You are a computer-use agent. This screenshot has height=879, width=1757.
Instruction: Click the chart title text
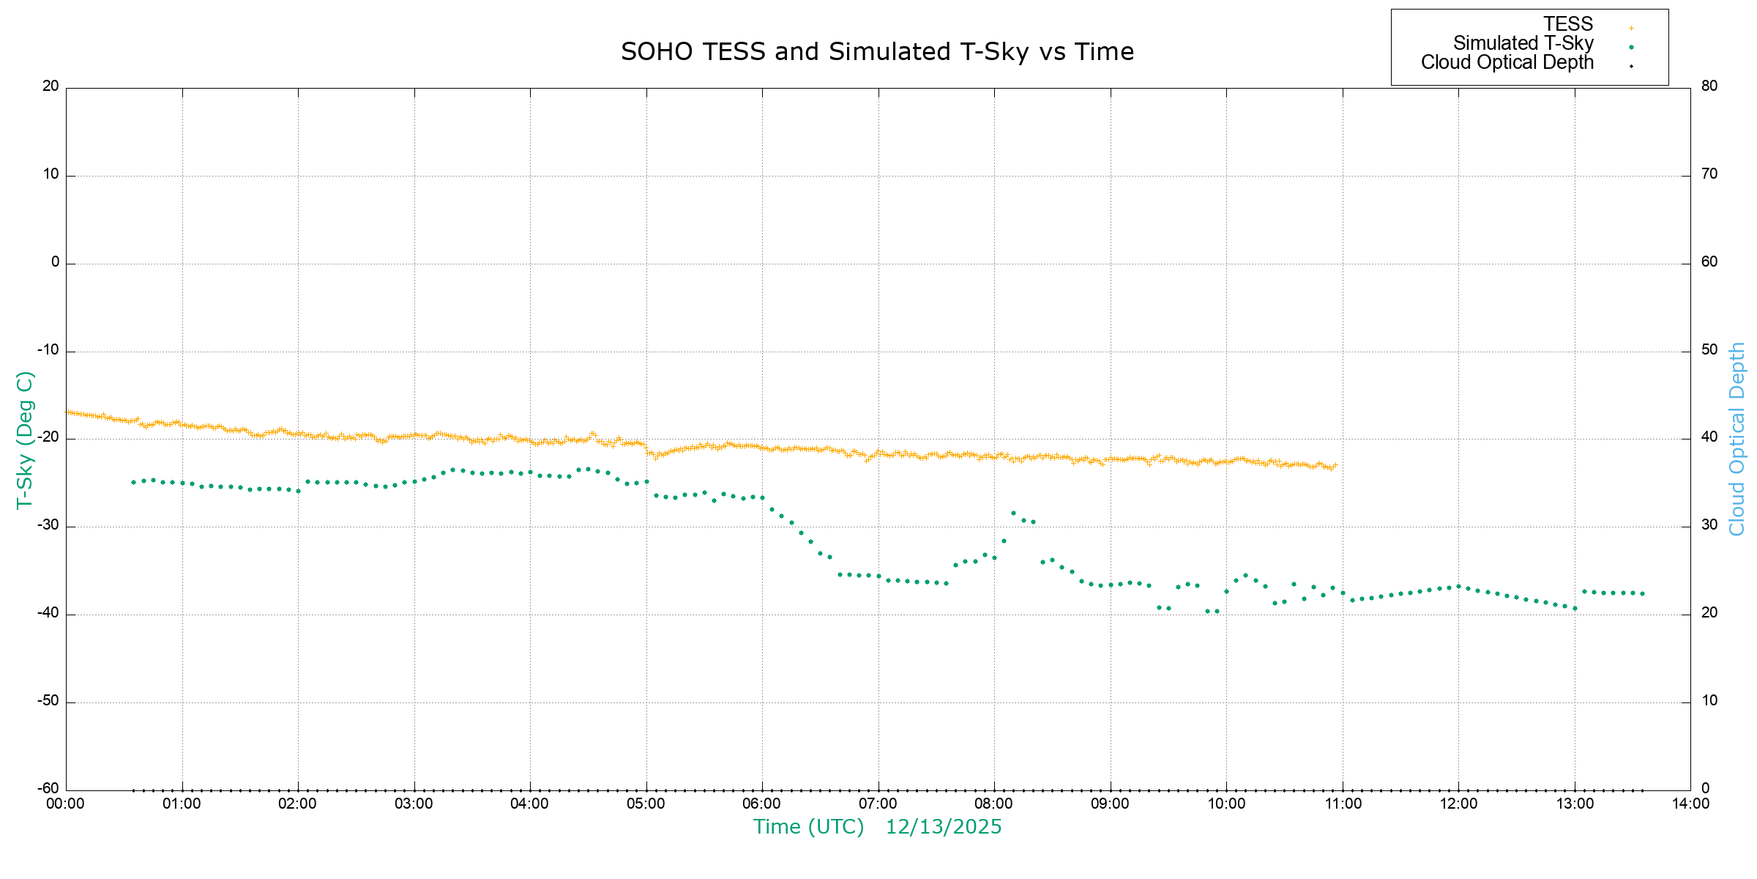tap(877, 52)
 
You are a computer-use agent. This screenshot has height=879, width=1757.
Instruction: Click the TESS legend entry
tap(1568, 24)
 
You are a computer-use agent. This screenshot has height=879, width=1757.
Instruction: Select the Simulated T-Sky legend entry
tap(1523, 43)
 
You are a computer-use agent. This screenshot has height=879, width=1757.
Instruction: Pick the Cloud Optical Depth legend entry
tap(1507, 62)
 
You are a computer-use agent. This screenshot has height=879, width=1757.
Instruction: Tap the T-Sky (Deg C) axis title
tap(25, 439)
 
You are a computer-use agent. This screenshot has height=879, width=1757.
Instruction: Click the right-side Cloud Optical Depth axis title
tap(1737, 439)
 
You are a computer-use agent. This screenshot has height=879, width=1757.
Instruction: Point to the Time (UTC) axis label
tap(808, 827)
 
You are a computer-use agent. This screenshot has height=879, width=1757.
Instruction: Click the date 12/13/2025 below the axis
tap(944, 827)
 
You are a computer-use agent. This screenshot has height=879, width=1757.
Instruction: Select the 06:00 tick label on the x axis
tap(762, 804)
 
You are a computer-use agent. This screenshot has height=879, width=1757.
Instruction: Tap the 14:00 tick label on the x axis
tap(1690, 804)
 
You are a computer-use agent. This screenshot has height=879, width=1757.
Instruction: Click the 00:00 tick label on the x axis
tap(66, 804)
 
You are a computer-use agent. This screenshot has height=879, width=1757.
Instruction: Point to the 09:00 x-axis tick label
tap(1110, 804)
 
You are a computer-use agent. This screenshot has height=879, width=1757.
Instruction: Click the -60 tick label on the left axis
tap(49, 789)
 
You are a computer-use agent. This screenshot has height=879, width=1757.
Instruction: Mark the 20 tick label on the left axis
tap(51, 86)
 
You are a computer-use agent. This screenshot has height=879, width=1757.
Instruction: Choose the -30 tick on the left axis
tap(49, 525)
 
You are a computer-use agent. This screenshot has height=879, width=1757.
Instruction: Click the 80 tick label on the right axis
tap(1709, 86)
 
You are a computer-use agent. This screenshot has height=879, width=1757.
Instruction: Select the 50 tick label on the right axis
tap(1709, 349)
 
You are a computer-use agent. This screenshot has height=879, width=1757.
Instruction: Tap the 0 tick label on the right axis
tap(1706, 789)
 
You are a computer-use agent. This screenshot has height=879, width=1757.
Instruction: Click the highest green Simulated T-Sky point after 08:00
tap(1013, 513)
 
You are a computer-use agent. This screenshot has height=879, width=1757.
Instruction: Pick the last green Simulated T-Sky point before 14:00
tap(1642, 593)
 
